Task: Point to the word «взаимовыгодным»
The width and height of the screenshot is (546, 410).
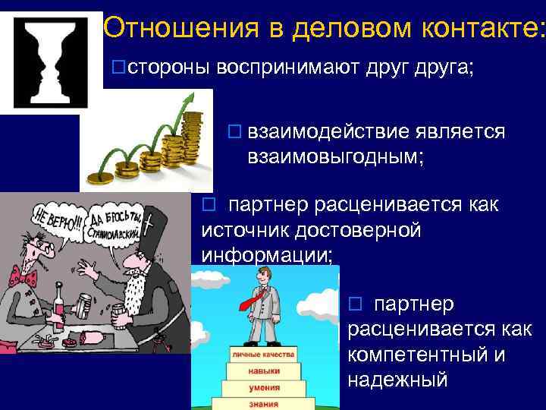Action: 334,157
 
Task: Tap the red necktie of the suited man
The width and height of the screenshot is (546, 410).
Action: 254,300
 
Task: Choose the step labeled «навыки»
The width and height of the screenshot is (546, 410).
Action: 263,371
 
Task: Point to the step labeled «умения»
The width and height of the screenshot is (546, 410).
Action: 263,386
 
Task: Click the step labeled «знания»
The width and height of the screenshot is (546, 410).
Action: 263,403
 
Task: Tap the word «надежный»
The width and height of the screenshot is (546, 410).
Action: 397,379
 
